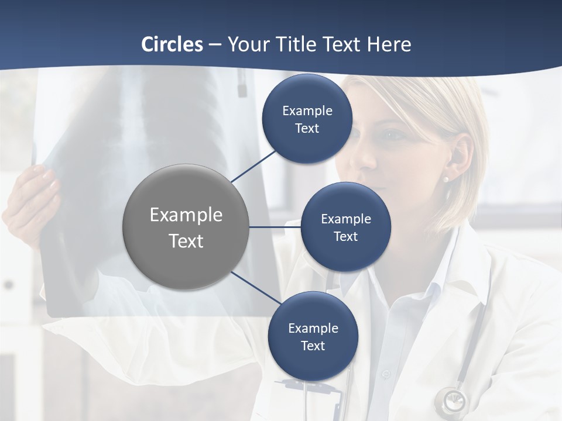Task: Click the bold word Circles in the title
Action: click(172, 44)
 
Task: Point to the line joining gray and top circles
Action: click(255, 165)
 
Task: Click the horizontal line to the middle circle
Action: click(275, 227)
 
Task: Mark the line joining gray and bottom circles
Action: click(256, 288)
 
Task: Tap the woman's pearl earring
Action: click(446, 180)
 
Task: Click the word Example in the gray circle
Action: click(186, 215)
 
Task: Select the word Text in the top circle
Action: click(307, 129)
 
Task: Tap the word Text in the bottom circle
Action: click(313, 346)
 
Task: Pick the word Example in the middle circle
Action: click(346, 219)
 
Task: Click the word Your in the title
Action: click(248, 44)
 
